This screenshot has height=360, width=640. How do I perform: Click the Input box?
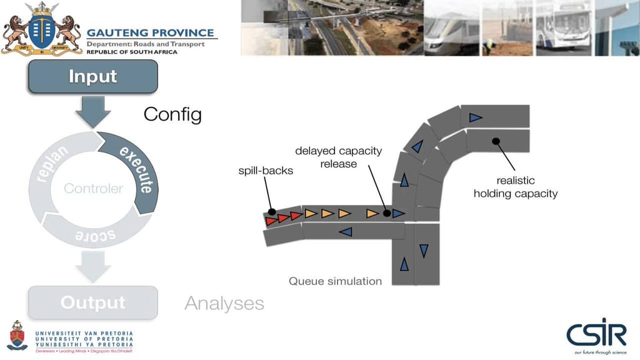coord(92,77)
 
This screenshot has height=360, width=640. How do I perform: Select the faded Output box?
coord(92,302)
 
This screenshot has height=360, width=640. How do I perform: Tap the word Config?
coord(172,114)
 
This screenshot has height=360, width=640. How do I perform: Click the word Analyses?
coord(224,304)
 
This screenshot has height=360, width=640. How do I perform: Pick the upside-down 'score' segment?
coord(94,234)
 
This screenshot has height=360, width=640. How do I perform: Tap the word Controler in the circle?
coord(94,188)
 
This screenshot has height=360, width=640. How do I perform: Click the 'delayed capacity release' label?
coord(338,157)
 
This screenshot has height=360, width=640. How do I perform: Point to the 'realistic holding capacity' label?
coord(515,187)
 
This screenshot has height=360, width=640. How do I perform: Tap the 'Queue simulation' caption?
coord(335,281)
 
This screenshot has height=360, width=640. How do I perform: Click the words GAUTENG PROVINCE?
coord(150,33)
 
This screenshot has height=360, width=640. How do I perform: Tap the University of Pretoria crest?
coord(17,336)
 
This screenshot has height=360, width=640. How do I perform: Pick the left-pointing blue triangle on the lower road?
coord(344,232)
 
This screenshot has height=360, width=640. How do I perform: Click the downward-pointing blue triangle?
coord(424,251)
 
